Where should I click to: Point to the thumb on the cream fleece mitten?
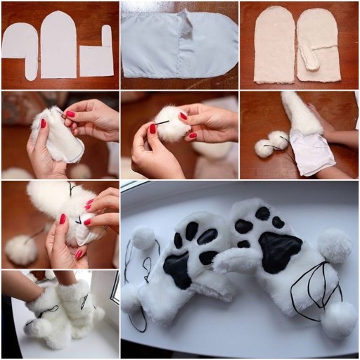309,59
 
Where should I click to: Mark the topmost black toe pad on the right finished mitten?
262,212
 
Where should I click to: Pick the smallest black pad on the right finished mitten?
243,244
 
